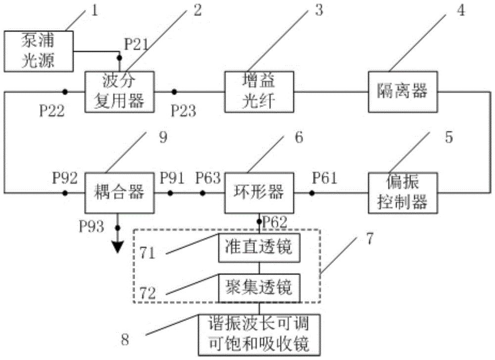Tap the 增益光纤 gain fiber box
[258, 92]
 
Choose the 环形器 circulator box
[258, 192]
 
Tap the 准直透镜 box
[259, 247]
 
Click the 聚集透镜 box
[259, 287]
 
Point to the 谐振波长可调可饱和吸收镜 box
[259, 334]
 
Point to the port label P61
[324, 178]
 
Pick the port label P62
[276, 221]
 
